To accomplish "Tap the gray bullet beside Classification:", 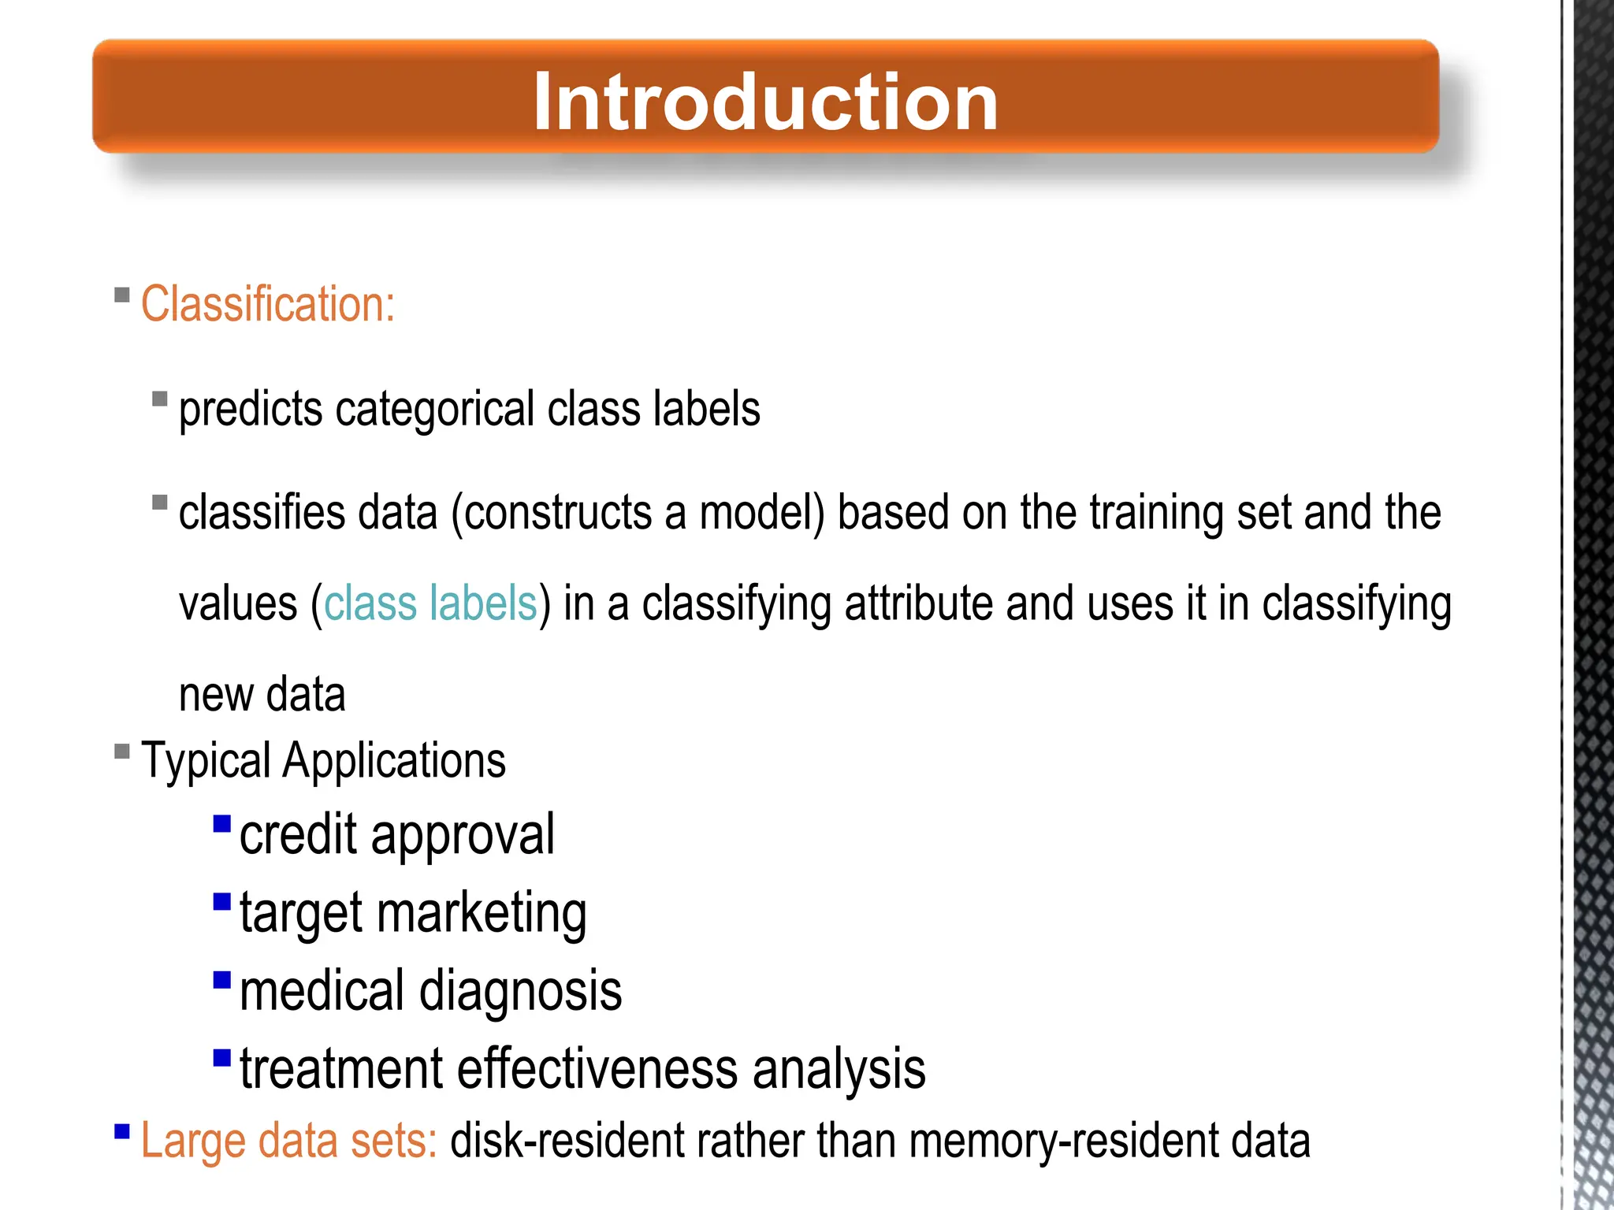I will click(x=122, y=295).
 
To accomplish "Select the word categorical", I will click(x=434, y=410).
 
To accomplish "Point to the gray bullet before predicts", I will click(x=160, y=399).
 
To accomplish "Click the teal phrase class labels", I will click(x=430, y=604).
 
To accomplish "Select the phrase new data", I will click(x=262, y=695).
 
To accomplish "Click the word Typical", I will click(x=206, y=761).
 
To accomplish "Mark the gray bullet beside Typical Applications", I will click(x=122, y=751).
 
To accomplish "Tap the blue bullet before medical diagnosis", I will click(x=222, y=980).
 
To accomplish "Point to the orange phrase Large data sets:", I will click(x=288, y=1141).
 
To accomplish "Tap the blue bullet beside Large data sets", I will click(x=122, y=1132).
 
